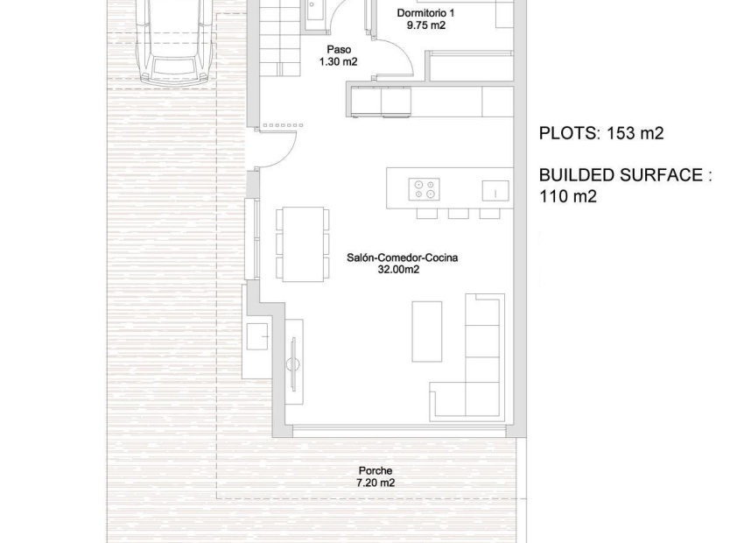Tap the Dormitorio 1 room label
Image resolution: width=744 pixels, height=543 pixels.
tap(425, 13)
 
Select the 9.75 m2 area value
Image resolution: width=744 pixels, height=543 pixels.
tap(425, 26)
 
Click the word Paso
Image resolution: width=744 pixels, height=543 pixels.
tap(338, 50)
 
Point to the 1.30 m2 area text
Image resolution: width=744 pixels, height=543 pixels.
tap(338, 62)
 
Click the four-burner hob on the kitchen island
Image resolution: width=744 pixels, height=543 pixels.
tap(425, 188)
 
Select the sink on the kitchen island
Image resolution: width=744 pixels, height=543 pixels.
tap(495, 190)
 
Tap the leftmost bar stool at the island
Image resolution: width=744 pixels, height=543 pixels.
tap(426, 213)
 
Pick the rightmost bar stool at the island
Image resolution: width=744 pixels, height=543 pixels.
tap(489, 213)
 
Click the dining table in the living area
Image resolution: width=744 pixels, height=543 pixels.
tap(303, 243)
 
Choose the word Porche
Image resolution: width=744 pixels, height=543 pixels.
tap(375, 471)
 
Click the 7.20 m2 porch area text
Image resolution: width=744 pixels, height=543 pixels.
tap(375, 483)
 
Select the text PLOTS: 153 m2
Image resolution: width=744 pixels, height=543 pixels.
tap(601, 134)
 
